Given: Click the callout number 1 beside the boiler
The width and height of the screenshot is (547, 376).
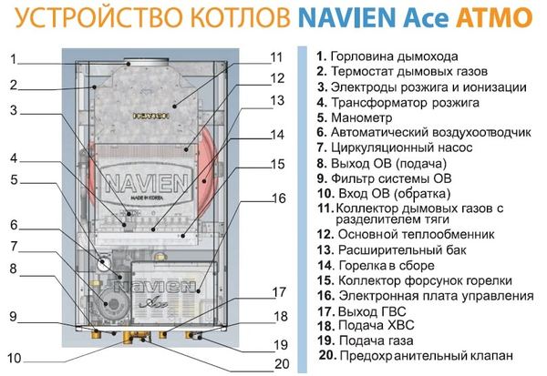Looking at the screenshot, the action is tap(14, 59).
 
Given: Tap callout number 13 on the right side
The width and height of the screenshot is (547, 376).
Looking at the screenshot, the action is tap(277, 100).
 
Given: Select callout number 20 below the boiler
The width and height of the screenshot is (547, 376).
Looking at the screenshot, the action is tap(282, 364).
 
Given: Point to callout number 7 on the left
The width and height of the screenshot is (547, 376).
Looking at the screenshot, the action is tap(14, 247).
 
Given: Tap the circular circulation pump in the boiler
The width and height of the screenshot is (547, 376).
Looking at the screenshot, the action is tap(110, 303).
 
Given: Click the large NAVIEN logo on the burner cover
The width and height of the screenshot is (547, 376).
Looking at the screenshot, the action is tap(147, 183).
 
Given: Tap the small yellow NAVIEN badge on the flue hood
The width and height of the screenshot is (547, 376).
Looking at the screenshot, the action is tap(151, 116).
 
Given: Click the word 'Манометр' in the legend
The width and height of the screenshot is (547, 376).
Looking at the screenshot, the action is tap(361, 117).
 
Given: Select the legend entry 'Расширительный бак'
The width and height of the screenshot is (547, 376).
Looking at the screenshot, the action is tap(402, 249).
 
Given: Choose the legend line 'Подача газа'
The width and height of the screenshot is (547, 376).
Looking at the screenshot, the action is tap(376, 340).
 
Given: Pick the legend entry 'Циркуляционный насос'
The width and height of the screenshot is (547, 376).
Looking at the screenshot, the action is tap(401, 147).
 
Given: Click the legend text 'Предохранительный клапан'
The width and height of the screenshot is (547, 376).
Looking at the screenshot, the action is tap(427, 355).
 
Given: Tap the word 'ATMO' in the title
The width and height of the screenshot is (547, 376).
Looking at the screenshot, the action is tap(494, 17).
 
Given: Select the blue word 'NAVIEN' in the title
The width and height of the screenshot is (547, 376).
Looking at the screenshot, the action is tap(347, 17).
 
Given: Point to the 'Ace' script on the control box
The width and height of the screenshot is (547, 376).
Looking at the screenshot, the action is tap(153, 301).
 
